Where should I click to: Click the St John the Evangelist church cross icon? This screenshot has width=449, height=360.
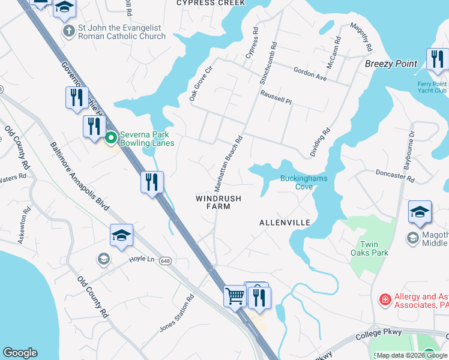70,30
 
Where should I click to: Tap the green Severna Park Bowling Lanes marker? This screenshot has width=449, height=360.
111,139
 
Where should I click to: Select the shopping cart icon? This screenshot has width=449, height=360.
235,295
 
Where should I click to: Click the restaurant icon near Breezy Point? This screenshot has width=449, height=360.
437,59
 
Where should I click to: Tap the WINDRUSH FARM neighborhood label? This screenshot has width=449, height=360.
218,202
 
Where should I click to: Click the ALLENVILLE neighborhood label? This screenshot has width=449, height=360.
285,223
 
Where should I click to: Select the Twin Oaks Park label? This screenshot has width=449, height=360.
373,248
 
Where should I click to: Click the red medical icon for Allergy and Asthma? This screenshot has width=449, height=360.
384,299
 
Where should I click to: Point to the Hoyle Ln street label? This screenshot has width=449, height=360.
142,259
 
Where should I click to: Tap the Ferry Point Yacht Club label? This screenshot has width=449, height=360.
432,88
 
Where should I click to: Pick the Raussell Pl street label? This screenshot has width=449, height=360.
276,97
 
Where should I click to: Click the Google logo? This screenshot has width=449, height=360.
20,353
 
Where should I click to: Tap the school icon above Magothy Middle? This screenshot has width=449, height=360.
420,212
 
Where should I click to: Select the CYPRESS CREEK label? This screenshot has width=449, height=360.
211,3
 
